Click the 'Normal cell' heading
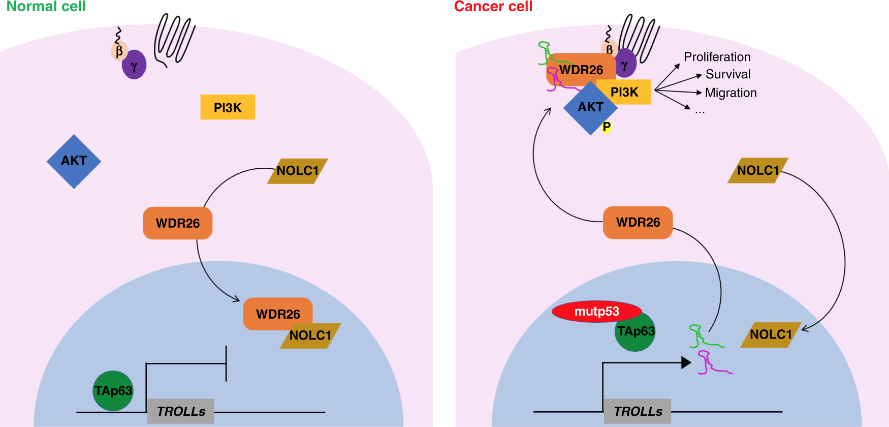(46, 7)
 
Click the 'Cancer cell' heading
(493, 7)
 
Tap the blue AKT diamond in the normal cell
(74, 161)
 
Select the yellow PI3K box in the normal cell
(228, 107)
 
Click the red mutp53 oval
(596, 311)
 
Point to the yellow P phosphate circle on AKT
(607, 127)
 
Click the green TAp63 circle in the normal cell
(113, 390)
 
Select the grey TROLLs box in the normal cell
(181, 411)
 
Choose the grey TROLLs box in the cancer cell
(638, 411)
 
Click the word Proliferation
(717, 57)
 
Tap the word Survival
(727, 74)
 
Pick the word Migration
(731, 93)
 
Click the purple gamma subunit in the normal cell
(134, 65)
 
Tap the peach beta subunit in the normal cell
(119, 51)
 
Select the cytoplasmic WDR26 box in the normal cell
(177, 223)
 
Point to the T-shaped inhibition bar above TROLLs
(226, 363)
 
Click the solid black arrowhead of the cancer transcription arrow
(686, 362)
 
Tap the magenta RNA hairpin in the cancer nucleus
(711, 364)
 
